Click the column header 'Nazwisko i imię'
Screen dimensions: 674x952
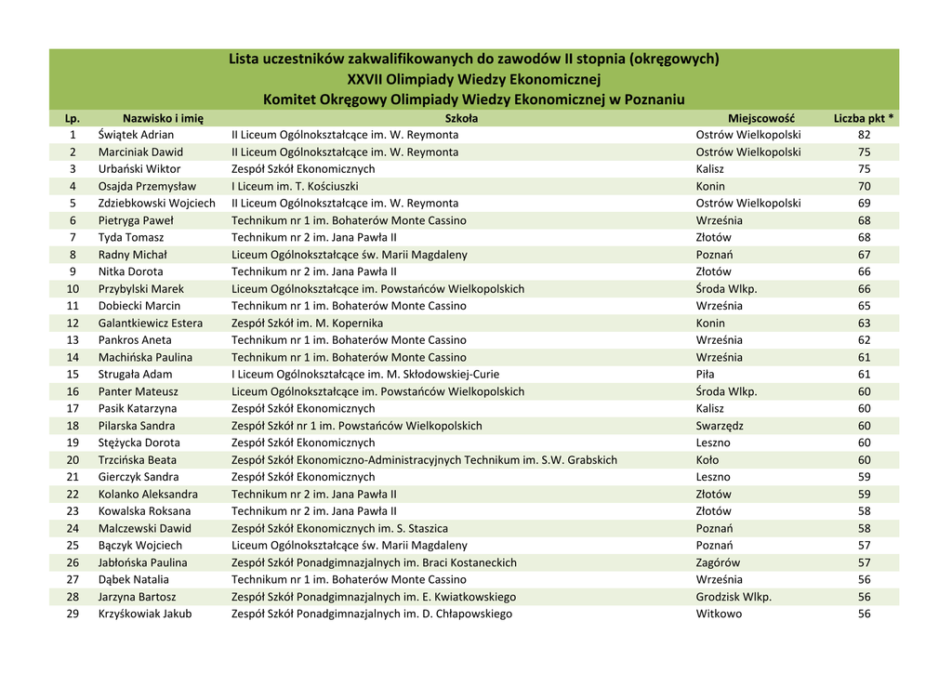[163, 118]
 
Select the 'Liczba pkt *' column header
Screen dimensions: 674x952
[864, 118]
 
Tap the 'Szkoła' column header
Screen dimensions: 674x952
[461, 118]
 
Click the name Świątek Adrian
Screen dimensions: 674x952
[136, 135]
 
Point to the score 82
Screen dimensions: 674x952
[865, 135]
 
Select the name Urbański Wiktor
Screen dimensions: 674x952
[139, 169]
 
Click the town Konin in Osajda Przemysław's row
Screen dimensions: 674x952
[710, 186]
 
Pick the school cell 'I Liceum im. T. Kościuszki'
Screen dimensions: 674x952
[295, 186]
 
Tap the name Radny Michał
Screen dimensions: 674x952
[133, 255]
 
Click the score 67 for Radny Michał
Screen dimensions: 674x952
[865, 255]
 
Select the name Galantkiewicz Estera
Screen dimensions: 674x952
[151, 323]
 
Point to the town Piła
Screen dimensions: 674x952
[706, 375]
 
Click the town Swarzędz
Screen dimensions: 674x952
[720, 426]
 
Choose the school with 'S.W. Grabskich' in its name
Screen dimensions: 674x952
[424, 460]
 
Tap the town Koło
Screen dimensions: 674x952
[707, 460]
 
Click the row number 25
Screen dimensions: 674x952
[73, 546]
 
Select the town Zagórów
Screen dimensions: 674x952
[718, 562]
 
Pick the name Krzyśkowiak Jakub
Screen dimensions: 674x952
[145, 614]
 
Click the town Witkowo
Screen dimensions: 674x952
[719, 614]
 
